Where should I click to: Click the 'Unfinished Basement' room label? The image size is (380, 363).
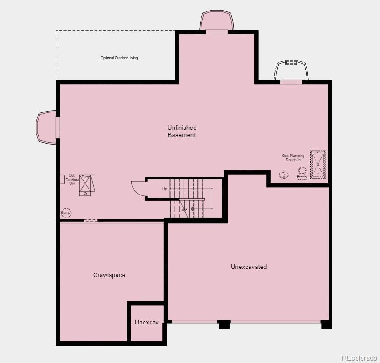pyautogui.click(x=182, y=131)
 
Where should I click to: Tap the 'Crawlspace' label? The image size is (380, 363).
pyautogui.click(x=109, y=275)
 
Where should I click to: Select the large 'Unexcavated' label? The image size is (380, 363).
pyautogui.click(x=248, y=267)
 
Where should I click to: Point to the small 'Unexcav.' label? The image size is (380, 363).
pyautogui.click(x=147, y=323)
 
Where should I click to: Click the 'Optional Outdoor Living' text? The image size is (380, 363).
pyautogui.click(x=119, y=58)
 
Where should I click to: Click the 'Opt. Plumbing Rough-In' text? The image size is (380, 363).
pyautogui.click(x=293, y=157)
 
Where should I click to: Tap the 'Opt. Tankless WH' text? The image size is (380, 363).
pyautogui.click(x=72, y=180)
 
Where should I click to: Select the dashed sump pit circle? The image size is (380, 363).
pyautogui.click(x=67, y=213)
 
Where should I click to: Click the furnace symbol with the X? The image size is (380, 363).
pyautogui.click(x=87, y=183)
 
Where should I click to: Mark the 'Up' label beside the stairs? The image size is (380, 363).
pyautogui.click(x=165, y=189)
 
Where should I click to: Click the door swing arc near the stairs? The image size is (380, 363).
pyautogui.click(x=138, y=188)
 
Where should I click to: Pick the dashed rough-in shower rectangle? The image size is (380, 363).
pyautogui.click(x=318, y=164)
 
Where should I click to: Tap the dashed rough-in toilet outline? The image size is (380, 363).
pyautogui.click(x=302, y=173)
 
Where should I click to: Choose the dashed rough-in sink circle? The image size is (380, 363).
pyautogui.click(x=284, y=175)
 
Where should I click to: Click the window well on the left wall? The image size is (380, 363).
pyautogui.click(x=46, y=127)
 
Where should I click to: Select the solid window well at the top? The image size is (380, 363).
pyautogui.click(x=217, y=21)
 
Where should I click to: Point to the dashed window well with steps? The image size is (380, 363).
pyautogui.click(x=291, y=70)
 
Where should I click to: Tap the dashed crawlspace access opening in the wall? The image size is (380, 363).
pyautogui.click(x=90, y=221)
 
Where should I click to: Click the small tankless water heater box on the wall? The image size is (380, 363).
pyautogui.click(x=61, y=179)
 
